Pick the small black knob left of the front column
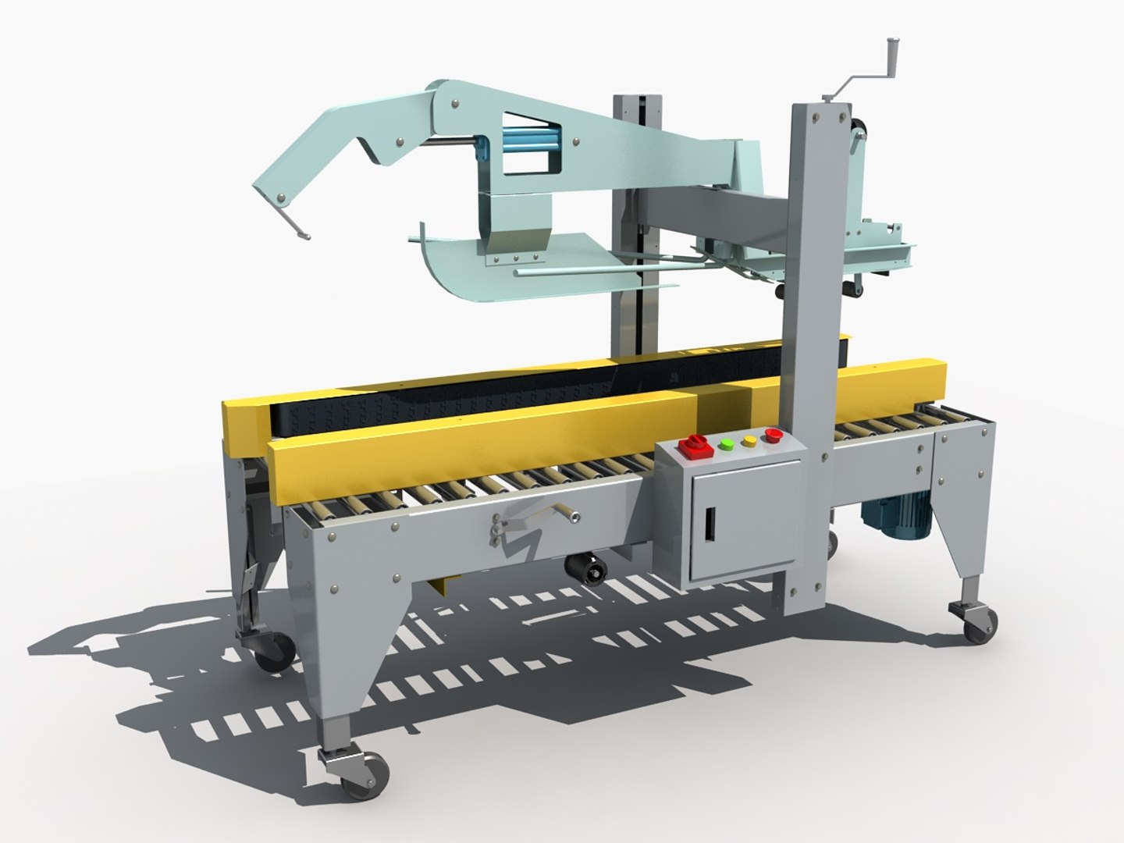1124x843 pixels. pyautogui.click(x=779, y=292)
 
